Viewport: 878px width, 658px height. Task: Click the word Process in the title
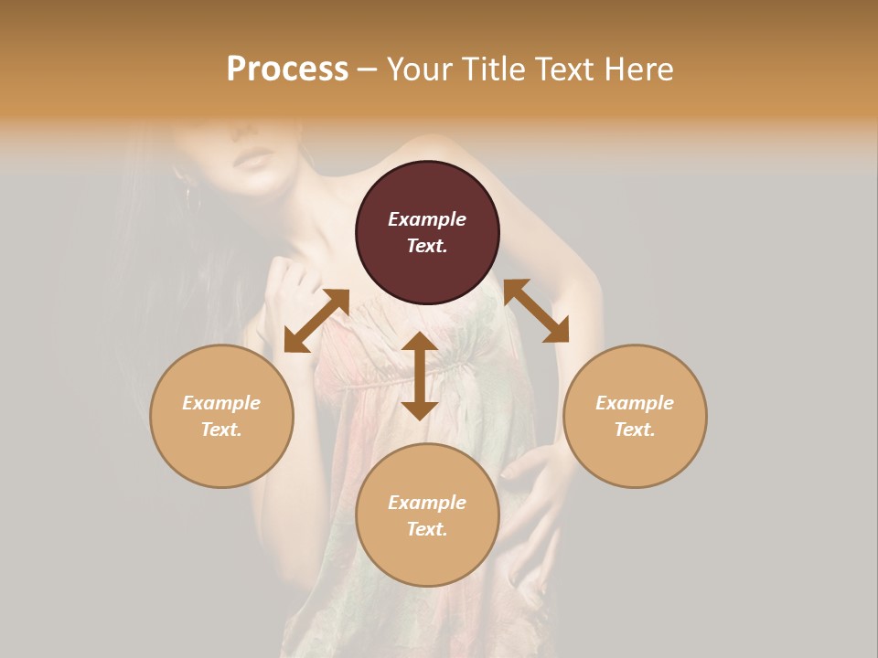[x=287, y=69]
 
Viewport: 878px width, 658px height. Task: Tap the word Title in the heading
[x=492, y=69]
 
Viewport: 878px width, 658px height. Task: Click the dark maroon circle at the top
[x=427, y=232]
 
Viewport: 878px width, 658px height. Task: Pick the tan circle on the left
[x=221, y=416]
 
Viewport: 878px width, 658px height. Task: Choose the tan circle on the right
[x=635, y=416]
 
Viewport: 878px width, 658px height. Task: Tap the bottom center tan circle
[x=427, y=515]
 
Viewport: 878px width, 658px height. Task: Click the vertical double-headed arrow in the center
[x=420, y=376]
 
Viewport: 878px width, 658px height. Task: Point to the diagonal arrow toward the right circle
[x=537, y=311]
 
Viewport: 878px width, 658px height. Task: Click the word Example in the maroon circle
[x=427, y=219]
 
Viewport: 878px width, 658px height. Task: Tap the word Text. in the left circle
[x=221, y=430]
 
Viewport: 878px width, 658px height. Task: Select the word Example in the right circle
[x=635, y=403]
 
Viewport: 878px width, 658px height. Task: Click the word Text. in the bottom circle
[x=427, y=529]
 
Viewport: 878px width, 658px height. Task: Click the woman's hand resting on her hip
[x=534, y=475]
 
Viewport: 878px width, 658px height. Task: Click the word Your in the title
[x=418, y=69]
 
